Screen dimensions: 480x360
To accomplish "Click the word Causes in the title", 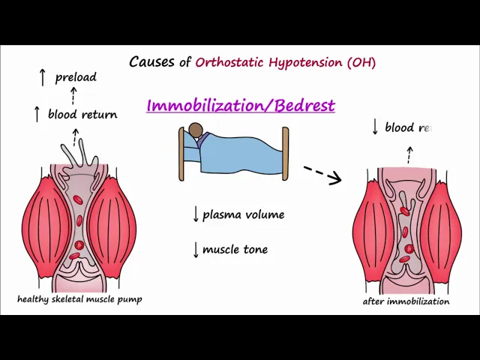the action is (151, 62).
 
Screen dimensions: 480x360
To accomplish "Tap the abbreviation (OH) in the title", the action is (361, 62).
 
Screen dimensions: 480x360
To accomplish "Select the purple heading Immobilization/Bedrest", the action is (241, 105).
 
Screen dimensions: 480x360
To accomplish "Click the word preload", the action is (76, 77).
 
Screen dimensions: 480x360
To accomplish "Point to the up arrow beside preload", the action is (42, 76).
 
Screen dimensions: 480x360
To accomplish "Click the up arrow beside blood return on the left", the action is (36, 114).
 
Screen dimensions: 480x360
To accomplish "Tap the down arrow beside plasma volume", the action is (196, 214).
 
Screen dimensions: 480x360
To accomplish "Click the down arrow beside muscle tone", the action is (196, 250).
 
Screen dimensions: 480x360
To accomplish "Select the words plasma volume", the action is (243, 214).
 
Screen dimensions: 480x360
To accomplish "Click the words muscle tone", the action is (235, 250).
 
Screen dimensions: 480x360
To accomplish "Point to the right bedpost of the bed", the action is (285, 154).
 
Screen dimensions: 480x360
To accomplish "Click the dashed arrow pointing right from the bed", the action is (322, 174).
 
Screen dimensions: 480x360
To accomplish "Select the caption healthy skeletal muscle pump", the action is (79, 299).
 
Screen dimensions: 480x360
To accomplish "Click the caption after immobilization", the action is (406, 301).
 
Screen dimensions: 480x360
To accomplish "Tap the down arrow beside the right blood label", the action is (375, 127).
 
